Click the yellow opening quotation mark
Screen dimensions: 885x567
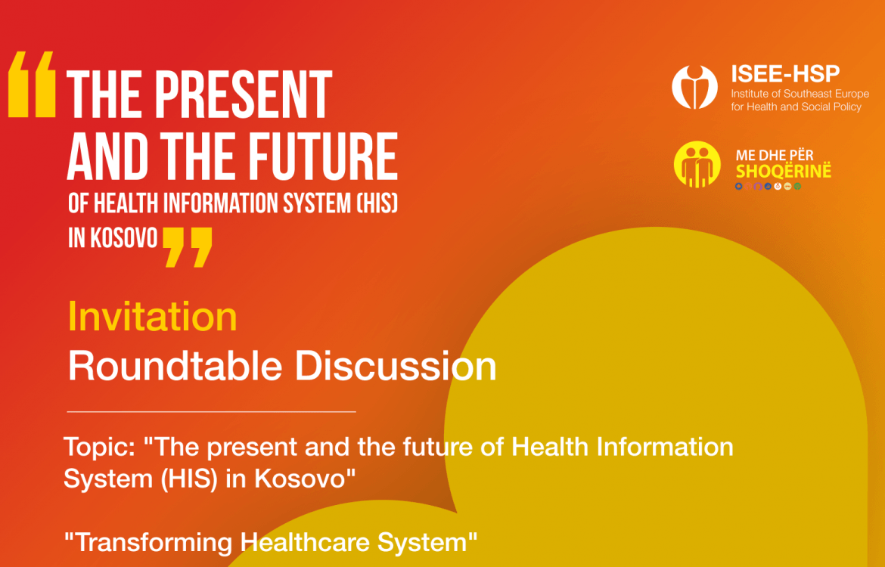click(33, 85)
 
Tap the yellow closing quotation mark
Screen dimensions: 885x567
click(188, 246)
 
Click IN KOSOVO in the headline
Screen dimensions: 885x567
click(113, 239)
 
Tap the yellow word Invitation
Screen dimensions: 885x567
click(152, 317)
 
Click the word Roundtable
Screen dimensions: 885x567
click(175, 366)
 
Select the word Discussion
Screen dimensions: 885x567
click(396, 367)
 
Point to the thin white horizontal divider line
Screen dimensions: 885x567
click(212, 412)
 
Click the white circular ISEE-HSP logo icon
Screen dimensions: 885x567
click(695, 88)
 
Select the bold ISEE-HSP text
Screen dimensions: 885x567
click(785, 74)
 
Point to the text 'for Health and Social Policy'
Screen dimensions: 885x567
click(796, 107)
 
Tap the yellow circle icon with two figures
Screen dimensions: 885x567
click(697, 164)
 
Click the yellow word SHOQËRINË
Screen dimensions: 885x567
click(784, 171)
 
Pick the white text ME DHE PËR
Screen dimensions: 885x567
click(775, 156)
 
